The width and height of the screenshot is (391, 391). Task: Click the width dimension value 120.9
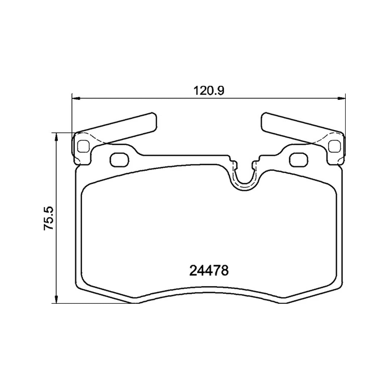click(x=209, y=90)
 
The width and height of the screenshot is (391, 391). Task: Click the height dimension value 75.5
click(x=49, y=218)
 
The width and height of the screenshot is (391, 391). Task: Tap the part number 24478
click(x=209, y=270)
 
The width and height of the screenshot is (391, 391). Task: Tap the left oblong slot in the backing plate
click(x=119, y=159)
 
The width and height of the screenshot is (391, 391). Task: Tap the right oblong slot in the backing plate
click(x=299, y=159)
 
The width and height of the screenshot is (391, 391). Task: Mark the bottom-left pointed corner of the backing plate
click(x=136, y=302)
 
